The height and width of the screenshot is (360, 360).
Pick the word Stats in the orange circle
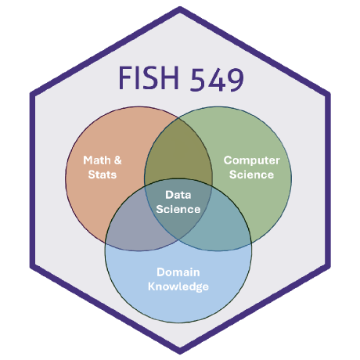tap(101, 174)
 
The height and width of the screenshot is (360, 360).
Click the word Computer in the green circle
tap(251, 160)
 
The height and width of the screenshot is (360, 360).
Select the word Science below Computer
tap(251, 174)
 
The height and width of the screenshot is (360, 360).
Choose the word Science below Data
tap(178, 209)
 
